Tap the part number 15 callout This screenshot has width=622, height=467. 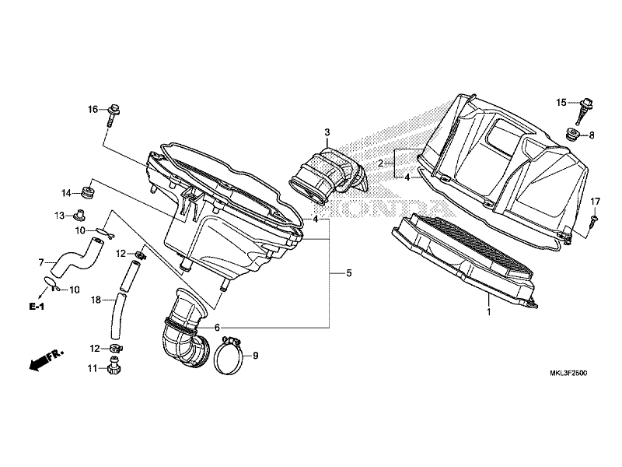[561, 103]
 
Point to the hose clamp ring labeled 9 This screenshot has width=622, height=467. [229, 356]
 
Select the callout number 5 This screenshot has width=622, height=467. [349, 273]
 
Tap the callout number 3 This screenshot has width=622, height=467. [327, 132]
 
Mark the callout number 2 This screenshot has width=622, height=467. [382, 163]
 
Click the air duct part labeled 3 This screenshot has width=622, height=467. [327, 175]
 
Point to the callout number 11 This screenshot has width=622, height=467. [92, 367]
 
